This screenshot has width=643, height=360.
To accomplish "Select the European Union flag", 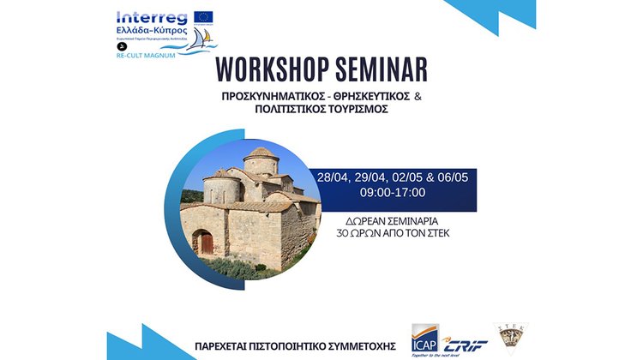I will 203,16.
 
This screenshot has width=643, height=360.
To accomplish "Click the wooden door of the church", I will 205,243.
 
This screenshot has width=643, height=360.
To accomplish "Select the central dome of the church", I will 261,159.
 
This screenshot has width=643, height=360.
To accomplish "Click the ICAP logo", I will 428,339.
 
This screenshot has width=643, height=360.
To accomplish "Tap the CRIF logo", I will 466,341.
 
